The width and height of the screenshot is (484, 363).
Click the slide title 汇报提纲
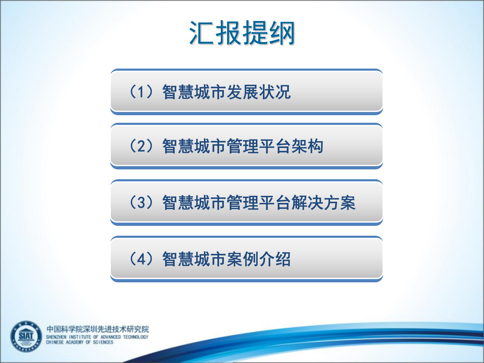[x=242, y=33]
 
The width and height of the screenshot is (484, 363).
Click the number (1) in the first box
[x=141, y=92]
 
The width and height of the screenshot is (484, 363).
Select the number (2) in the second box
[x=141, y=146]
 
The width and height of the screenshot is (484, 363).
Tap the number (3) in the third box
[x=141, y=202]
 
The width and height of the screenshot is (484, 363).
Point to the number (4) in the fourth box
[x=141, y=259]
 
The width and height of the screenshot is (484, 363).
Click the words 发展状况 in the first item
[x=259, y=92]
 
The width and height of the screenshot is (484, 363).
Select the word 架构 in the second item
[x=307, y=146]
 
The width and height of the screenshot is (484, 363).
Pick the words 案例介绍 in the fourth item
[x=259, y=259]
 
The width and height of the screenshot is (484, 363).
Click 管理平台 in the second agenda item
[x=259, y=146]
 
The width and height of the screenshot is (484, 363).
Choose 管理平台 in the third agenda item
[x=259, y=203]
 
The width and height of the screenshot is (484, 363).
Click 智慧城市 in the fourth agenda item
[x=194, y=259]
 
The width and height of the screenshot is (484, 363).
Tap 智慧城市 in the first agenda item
[x=194, y=92]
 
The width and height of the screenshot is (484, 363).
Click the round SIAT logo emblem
[x=26, y=337]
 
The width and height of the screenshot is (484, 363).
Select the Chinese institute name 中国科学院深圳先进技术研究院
[x=98, y=329]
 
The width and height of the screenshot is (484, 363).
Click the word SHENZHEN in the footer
[x=56, y=337]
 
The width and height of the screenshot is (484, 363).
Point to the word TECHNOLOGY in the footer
[x=136, y=337]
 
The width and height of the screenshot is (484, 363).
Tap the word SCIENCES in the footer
[x=103, y=342]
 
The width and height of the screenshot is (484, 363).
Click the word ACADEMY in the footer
[x=75, y=342]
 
